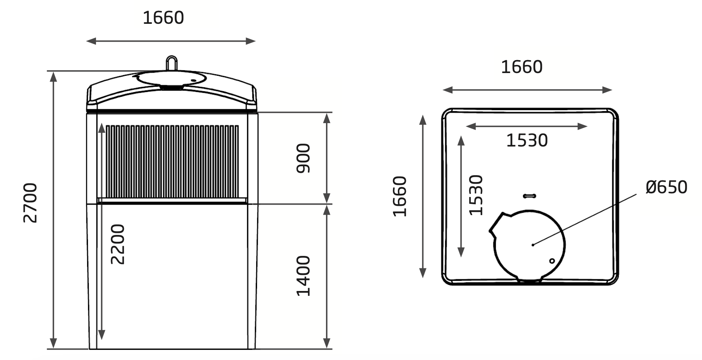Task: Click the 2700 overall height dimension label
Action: click(30, 203)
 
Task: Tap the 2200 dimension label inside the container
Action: click(117, 244)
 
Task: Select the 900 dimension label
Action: click(303, 158)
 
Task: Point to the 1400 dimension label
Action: click(303, 276)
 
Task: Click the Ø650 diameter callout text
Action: click(666, 187)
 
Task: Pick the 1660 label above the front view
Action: click(163, 18)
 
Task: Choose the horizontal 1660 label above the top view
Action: click(521, 67)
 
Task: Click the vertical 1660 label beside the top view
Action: click(400, 197)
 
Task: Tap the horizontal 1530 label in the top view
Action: click(527, 140)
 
